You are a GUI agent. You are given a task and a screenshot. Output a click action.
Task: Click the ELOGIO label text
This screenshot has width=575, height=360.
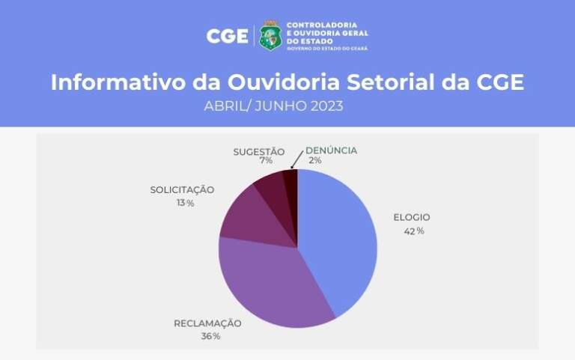[412, 217]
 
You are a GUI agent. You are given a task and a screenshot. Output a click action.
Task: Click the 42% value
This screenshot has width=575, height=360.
[414, 231]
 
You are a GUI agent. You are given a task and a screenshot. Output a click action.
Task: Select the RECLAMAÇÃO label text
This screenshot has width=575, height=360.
[207, 323]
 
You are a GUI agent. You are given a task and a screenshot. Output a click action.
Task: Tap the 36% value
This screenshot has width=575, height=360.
[210, 336]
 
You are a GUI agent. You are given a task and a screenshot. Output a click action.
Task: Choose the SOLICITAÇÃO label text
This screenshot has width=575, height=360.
[182, 190]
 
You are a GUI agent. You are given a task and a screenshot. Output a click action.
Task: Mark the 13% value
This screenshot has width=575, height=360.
[185, 203]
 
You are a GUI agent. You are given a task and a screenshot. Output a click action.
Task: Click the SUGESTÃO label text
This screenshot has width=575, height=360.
[259, 152]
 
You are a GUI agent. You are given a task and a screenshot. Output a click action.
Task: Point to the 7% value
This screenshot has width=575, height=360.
[266, 161]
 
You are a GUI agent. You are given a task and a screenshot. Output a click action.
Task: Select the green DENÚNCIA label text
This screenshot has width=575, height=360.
[331, 150]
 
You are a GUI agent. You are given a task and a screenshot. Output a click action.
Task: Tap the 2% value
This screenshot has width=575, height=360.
[315, 160]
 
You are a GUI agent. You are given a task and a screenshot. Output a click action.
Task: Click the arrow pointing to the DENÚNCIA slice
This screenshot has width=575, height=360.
[297, 160]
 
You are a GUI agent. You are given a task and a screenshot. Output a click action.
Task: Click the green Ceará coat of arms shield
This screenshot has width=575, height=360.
[270, 35]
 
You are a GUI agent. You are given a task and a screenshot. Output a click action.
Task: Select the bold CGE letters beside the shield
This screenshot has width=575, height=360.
[228, 36]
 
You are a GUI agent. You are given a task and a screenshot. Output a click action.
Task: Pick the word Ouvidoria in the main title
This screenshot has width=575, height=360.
[284, 82]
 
